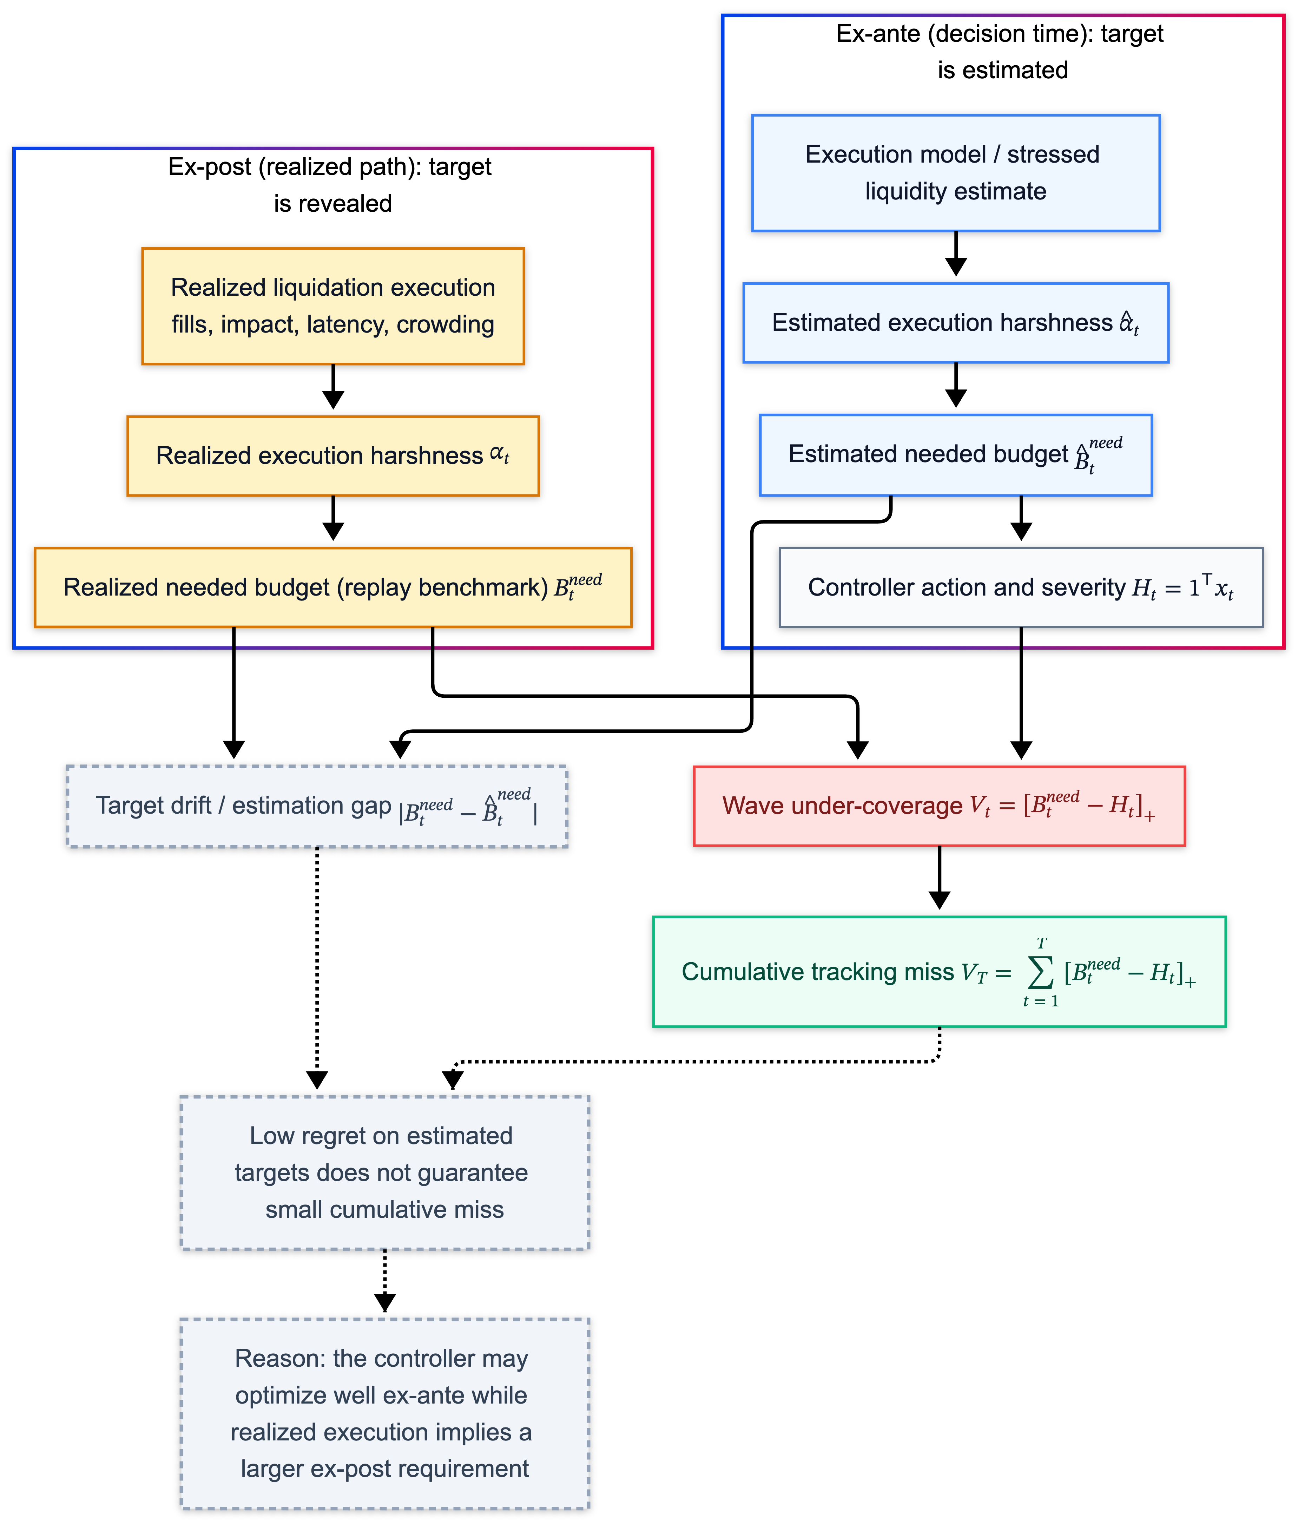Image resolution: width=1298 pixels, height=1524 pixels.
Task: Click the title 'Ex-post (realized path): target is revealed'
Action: (x=331, y=185)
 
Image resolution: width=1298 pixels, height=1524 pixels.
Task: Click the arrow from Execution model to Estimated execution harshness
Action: (x=955, y=254)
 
